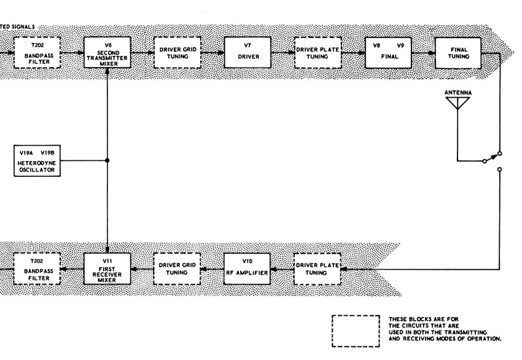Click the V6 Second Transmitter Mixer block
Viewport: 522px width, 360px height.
[x=107, y=53]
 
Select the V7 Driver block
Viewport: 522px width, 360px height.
[x=247, y=52]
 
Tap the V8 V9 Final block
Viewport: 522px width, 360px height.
[x=388, y=53]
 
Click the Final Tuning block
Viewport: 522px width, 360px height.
[x=458, y=53]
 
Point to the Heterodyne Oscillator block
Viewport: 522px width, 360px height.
[x=37, y=160]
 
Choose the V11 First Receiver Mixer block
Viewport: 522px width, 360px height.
[x=107, y=268]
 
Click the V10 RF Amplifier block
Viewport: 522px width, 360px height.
[x=247, y=268]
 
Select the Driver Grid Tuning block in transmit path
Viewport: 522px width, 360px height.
[x=177, y=53]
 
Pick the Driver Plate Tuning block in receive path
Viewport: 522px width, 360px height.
[x=317, y=269]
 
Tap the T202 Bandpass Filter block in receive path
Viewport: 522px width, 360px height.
[x=37, y=268]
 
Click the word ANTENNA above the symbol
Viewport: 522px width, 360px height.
[x=458, y=92]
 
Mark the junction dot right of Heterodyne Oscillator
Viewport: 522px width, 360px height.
[x=107, y=160]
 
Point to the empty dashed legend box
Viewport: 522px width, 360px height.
[x=356, y=331]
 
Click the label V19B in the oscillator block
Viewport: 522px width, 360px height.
[x=47, y=153]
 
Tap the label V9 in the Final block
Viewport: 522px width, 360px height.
[x=400, y=45]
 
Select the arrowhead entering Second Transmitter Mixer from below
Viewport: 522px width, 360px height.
[x=107, y=71]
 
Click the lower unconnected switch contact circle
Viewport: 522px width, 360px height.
[x=499, y=170]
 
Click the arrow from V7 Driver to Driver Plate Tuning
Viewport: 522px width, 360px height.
[x=282, y=53]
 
